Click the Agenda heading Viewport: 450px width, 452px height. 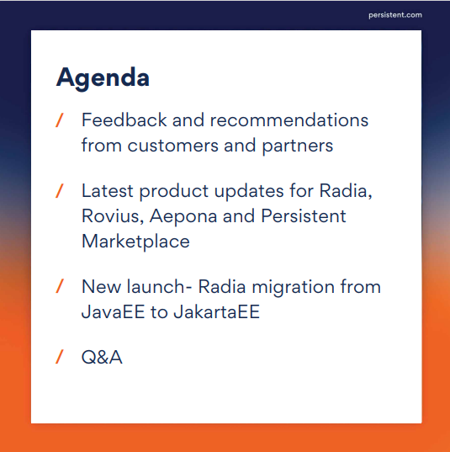tap(103, 78)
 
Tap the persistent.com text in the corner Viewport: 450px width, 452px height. tap(395, 15)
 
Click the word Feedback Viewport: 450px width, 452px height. tap(124, 120)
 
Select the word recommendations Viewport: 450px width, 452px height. tap(289, 120)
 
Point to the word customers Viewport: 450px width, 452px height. tap(172, 146)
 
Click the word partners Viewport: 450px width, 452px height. tap(297, 146)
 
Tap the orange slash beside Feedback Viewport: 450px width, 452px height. tap(60, 120)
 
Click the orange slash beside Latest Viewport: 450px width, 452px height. tap(60, 191)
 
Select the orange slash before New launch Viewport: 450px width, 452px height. tap(60, 286)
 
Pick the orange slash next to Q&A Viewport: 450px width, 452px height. tap(60, 357)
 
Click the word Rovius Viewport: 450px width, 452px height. tap(113, 216)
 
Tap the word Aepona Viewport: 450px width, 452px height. tap(183, 217)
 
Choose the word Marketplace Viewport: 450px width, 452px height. tap(135, 242)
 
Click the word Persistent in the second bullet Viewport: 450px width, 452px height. tap(304, 216)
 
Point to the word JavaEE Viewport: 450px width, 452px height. tap(113, 311)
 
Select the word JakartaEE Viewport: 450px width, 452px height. tap(217, 311)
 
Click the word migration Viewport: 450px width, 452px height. tap(293, 288)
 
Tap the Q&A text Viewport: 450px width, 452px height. tap(102, 357)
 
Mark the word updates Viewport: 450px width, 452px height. tap(249, 192)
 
